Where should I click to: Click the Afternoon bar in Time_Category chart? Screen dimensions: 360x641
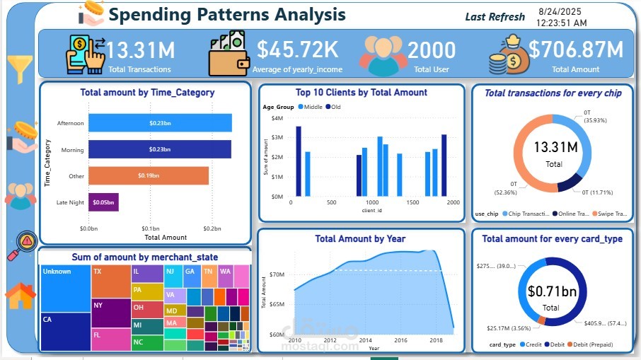[x=160, y=123]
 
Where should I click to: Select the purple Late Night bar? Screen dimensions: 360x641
[x=103, y=202]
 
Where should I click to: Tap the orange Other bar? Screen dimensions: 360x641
[x=149, y=175]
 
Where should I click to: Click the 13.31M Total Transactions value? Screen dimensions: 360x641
[x=141, y=50]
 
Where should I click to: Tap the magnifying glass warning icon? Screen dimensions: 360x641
[x=21, y=245]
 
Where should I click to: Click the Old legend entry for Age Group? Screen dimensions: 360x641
[x=333, y=107]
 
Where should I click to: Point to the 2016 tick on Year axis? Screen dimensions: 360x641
[x=400, y=340]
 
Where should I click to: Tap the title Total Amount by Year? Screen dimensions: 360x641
[x=360, y=239]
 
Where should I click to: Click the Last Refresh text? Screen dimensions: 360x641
[x=495, y=17]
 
